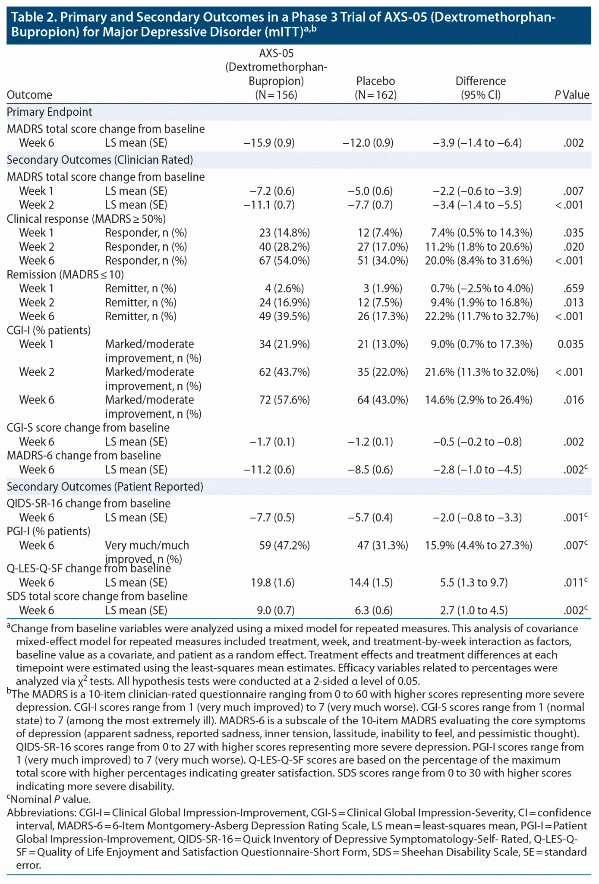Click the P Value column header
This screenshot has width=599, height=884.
(x=571, y=95)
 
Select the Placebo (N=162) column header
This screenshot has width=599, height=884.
(x=375, y=88)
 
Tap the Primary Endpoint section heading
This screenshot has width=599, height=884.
(x=50, y=112)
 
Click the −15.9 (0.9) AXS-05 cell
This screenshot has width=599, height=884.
(x=269, y=143)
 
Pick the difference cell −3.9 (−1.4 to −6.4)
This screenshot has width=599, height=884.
(x=477, y=143)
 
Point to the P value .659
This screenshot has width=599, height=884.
(x=574, y=288)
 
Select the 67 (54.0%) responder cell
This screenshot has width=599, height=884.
(x=284, y=261)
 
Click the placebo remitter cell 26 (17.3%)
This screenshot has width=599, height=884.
(x=382, y=316)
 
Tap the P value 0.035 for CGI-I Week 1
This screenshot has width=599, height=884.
(x=571, y=344)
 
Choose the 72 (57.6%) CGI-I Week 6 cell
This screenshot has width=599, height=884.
(x=284, y=400)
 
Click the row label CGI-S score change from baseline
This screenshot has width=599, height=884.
(x=88, y=428)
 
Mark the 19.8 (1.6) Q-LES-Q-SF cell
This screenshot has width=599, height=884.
(x=273, y=583)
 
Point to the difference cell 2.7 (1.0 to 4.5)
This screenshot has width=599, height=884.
(x=474, y=610)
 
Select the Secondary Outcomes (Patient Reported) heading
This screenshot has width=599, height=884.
(x=105, y=487)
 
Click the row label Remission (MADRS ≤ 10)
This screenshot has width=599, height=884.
(x=65, y=275)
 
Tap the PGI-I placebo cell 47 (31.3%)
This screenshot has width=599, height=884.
(x=382, y=546)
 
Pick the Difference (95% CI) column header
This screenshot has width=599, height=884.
(x=481, y=88)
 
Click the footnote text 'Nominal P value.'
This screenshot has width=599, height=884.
(x=50, y=799)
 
